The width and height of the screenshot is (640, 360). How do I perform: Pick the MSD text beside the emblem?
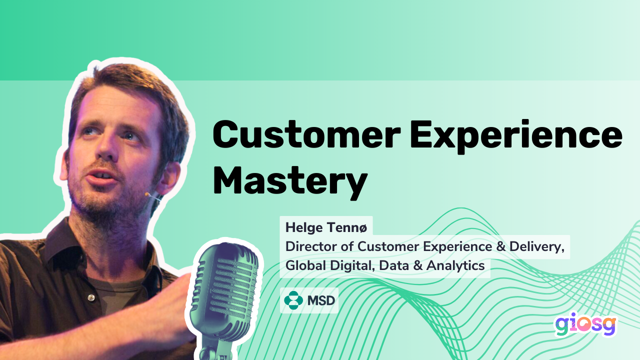click(321, 300)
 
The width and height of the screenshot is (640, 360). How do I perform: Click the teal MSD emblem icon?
click(293, 300)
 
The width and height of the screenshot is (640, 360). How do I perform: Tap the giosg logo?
click(585, 326)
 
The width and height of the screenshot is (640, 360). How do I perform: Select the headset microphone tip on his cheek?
click(148, 194)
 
